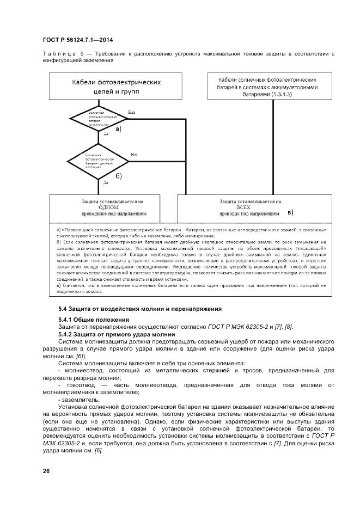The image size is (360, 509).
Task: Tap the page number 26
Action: [46, 470]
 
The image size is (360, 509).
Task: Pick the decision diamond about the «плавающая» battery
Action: [98, 119]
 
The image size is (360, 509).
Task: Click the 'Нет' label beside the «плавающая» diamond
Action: [132, 113]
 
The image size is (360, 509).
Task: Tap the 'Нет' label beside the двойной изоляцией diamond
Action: [134, 155]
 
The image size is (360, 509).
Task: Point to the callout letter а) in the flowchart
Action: [118, 130]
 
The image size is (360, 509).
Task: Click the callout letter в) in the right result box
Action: [290, 212]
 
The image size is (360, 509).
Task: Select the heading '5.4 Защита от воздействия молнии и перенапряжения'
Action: [140, 309]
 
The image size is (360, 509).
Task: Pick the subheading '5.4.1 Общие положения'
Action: [94, 319]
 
